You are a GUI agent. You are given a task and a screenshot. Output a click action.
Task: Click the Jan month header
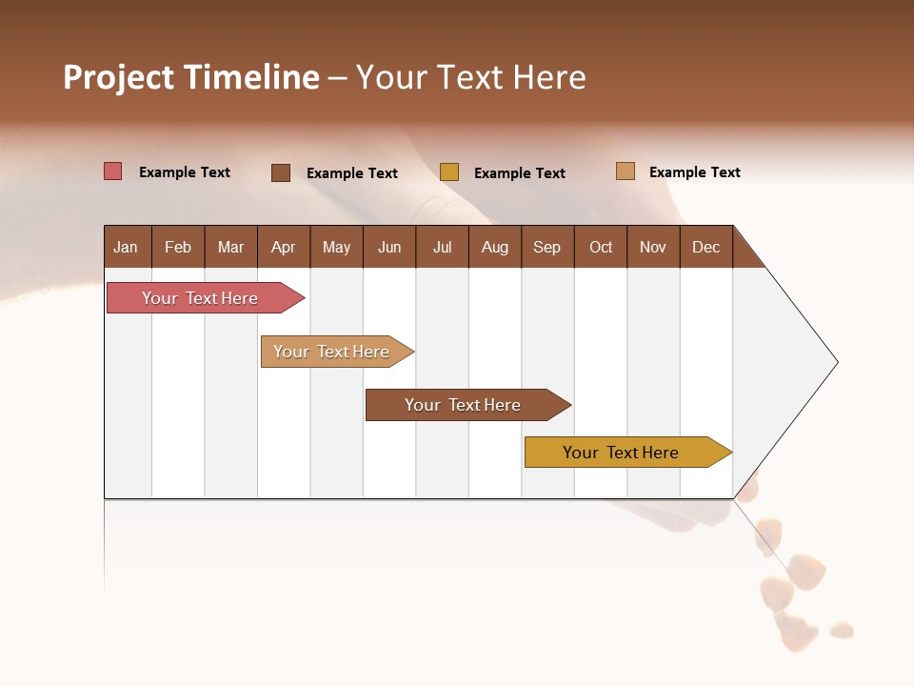[127, 247]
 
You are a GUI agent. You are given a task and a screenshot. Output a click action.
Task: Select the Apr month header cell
[284, 247]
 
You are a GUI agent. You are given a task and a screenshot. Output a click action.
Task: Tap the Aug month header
[495, 247]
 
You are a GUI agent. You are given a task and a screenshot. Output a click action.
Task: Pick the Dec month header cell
[706, 247]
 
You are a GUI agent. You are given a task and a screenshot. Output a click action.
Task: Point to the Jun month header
[389, 247]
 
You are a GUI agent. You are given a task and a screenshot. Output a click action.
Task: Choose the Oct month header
[601, 247]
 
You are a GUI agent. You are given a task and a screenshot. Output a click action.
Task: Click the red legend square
[113, 171]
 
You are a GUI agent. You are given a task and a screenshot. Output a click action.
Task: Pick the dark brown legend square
[281, 172]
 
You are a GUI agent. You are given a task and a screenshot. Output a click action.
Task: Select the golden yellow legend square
[449, 172]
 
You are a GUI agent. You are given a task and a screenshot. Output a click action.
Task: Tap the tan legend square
[626, 171]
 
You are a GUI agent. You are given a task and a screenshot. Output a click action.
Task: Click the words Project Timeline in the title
[190, 77]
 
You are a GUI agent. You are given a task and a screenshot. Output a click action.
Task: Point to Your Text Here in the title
[471, 77]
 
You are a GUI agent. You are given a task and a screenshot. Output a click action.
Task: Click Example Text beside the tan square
[694, 172]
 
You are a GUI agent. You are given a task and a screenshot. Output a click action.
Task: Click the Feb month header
[178, 247]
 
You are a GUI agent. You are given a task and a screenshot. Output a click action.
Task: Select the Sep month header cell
[547, 247]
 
